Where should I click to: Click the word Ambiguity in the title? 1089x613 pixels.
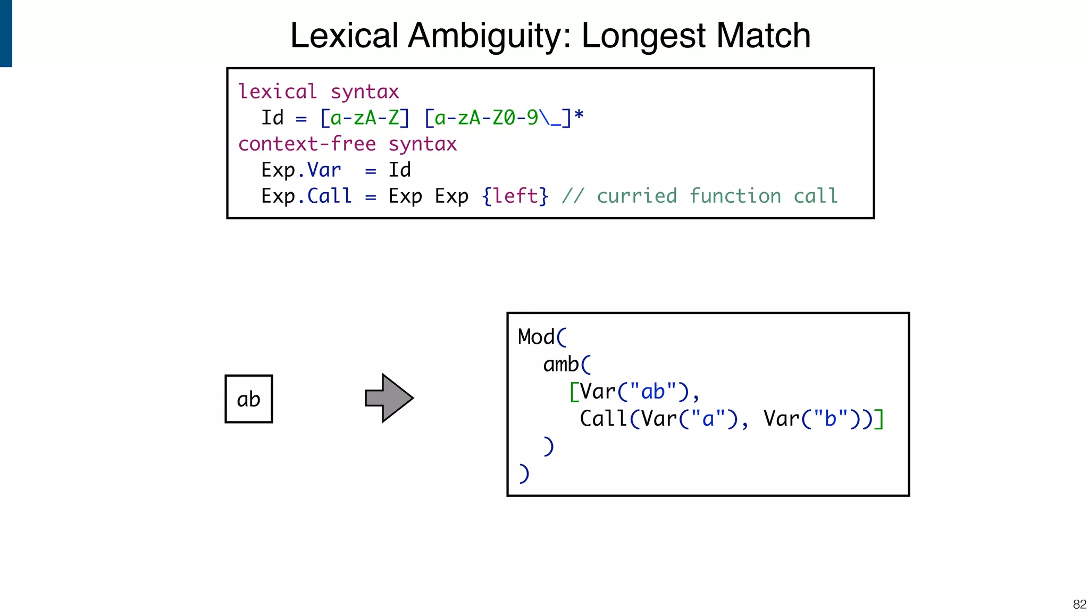coord(489,36)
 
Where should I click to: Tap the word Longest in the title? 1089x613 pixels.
coord(643,36)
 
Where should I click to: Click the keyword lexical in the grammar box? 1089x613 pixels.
coord(277,92)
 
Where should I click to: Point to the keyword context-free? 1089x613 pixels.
coord(307,144)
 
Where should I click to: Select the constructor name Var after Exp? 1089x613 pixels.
coord(324,170)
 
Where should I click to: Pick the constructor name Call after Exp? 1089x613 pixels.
coord(329,196)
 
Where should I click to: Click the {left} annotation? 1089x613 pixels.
coord(515,196)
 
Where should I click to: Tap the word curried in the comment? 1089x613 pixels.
coord(636,196)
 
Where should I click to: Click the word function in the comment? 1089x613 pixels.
coord(735,196)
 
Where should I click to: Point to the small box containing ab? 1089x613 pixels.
coord(249,399)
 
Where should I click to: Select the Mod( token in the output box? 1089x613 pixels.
coord(542,337)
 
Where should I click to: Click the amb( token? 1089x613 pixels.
coord(566,365)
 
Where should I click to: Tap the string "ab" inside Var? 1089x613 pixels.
coord(653,392)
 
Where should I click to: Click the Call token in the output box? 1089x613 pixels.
coord(603,419)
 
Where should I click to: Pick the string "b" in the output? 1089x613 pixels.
coord(830,419)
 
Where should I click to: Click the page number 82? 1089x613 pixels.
coord(1079,604)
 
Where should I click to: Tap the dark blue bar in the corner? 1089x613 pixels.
coord(6,33)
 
